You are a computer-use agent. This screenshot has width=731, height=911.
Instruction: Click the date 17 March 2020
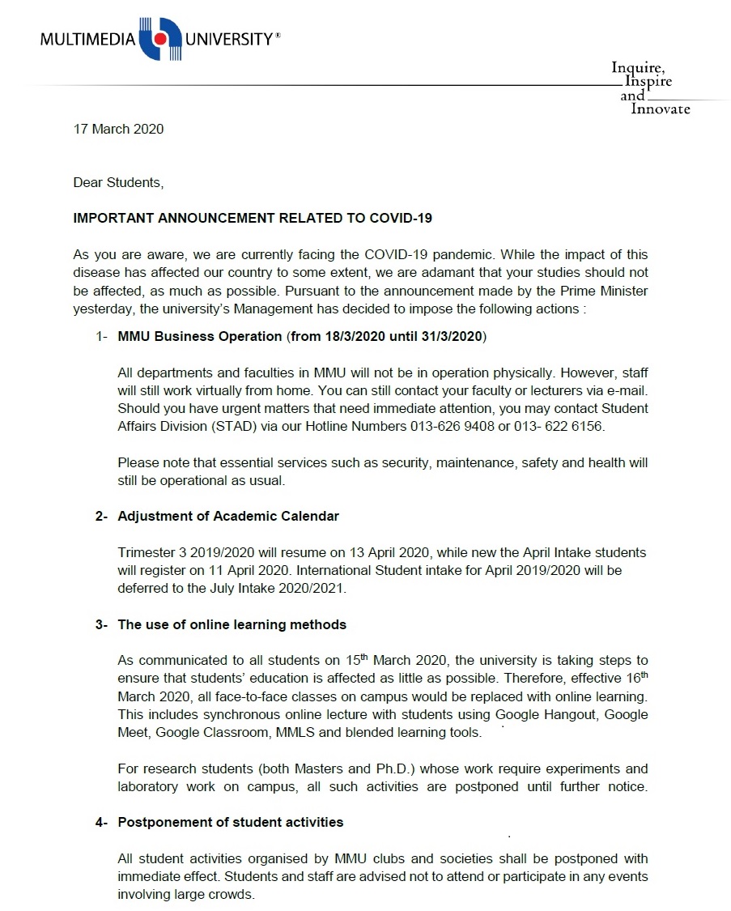coord(118,130)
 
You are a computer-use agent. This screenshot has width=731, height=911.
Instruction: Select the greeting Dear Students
coord(118,183)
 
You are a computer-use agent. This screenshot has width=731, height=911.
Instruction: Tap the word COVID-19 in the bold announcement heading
coord(402,219)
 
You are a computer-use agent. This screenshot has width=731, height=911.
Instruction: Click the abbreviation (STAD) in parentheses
coord(234,426)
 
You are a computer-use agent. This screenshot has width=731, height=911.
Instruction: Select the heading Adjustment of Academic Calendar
coord(228,516)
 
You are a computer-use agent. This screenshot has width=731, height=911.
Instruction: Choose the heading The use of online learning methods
coord(232,624)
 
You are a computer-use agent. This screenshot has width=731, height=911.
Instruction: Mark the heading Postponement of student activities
coord(231,823)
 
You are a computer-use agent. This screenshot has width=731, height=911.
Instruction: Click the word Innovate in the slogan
coord(661,109)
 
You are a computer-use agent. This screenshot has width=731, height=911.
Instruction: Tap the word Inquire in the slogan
coord(638,67)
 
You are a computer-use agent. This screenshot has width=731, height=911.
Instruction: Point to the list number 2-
coord(101,516)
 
